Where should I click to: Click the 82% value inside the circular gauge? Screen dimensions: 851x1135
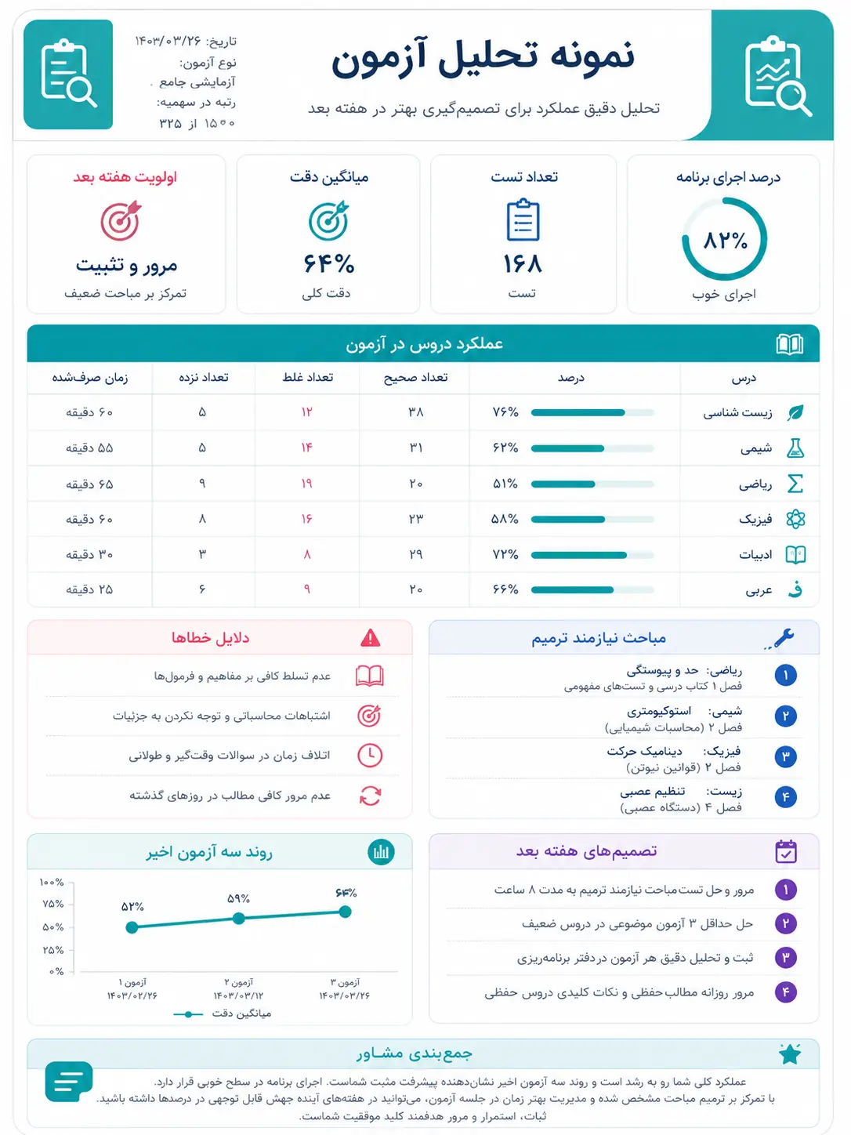point(725,241)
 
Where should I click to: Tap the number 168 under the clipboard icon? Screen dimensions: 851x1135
point(523,263)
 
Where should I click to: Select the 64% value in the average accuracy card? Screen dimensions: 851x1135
point(328,263)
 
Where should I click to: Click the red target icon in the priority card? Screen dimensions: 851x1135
point(121,220)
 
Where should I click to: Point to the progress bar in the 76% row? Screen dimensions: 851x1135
point(592,412)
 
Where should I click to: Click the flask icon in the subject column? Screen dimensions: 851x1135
point(795,448)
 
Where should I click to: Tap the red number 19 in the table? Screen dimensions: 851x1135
point(307,484)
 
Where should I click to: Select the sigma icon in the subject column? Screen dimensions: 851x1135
point(795,484)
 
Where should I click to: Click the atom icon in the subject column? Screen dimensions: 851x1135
point(795,519)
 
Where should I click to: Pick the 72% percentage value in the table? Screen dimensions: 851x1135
point(505,554)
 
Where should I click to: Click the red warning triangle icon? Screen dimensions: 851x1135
point(370,637)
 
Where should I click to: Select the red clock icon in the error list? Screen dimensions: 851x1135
point(370,756)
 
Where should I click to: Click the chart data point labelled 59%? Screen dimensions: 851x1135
point(239,919)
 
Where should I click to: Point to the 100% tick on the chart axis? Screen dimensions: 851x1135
point(52,882)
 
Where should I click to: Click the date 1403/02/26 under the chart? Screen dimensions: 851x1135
point(132,995)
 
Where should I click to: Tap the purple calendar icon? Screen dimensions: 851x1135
point(786,851)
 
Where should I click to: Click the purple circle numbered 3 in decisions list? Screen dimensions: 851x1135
point(786,958)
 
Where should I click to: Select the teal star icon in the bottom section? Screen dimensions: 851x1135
point(790,1053)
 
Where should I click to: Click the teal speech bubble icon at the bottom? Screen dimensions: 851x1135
point(69,1081)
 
